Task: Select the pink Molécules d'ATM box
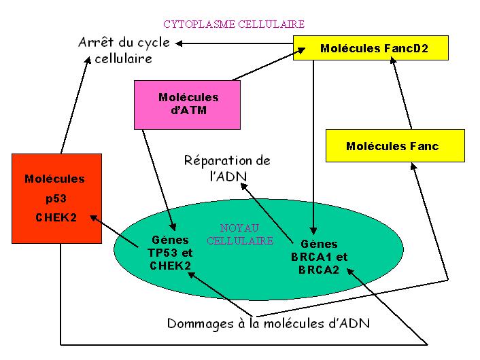(x=188, y=105)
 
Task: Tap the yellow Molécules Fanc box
(x=392, y=146)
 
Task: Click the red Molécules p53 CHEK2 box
(x=56, y=198)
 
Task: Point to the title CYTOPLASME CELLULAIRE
(x=234, y=24)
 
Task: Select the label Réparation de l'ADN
(x=227, y=168)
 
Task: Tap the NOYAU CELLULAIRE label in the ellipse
(x=239, y=235)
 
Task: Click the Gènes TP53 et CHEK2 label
(x=171, y=253)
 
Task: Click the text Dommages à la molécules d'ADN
(x=268, y=323)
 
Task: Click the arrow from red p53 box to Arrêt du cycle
(x=74, y=106)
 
